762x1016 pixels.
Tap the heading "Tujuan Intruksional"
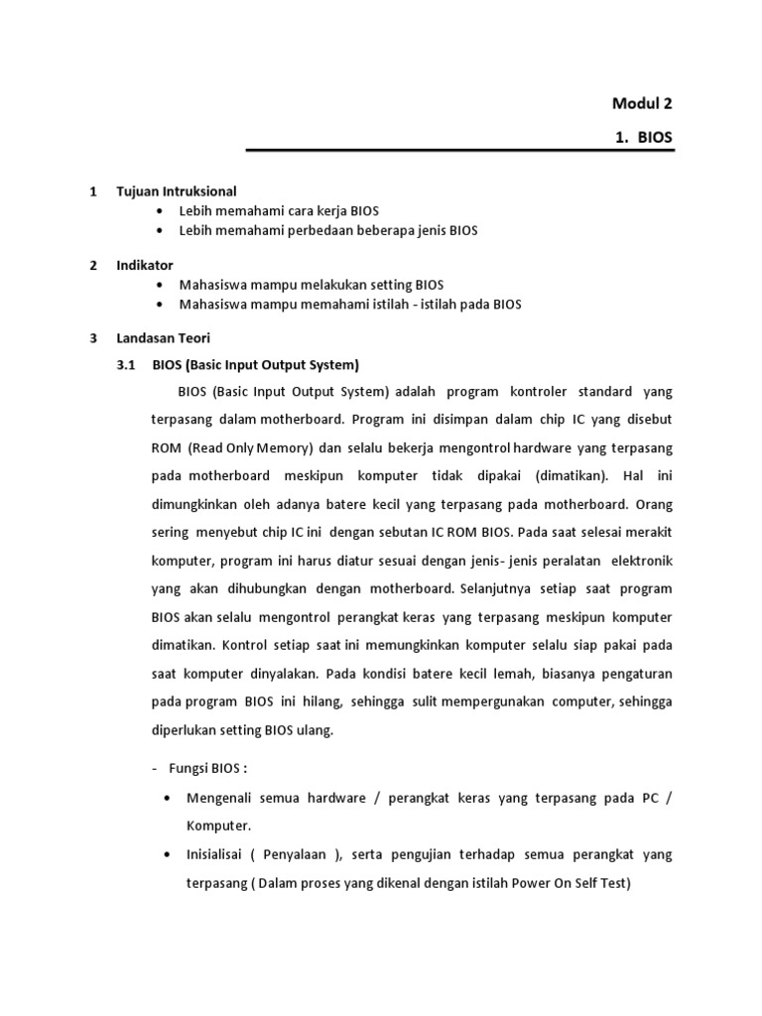[177, 190]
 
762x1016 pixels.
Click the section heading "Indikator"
[145, 265]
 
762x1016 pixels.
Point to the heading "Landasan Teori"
[163, 338]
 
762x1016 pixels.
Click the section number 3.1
[125, 364]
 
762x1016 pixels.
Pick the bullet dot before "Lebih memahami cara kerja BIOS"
[161, 211]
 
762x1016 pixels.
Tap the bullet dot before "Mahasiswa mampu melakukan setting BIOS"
[161, 286]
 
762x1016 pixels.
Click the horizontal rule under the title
[459, 152]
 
